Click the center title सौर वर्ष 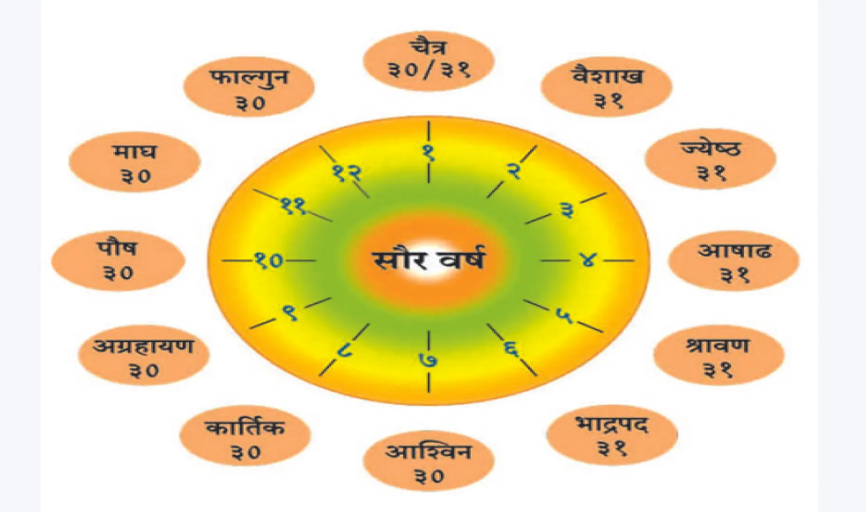(x=428, y=260)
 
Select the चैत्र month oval (x=428, y=60)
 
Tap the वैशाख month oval (x=606, y=87)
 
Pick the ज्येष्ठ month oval (x=710, y=159)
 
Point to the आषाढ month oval (x=734, y=261)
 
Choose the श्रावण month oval (x=718, y=355)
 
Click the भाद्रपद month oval (x=612, y=435)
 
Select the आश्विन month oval (x=428, y=461)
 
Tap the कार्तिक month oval (x=245, y=436)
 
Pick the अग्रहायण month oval (x=143, y=355)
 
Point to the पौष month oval (x=118, y=261)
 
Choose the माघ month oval (x=135, y=162)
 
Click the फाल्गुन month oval (x=249, y=87)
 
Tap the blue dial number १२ (x=347, y=173)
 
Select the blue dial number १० (x=268, y=260)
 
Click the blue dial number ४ (x=588, y=260)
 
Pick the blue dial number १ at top (x=428, y=153)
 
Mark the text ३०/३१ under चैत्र (x=428, y=70)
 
